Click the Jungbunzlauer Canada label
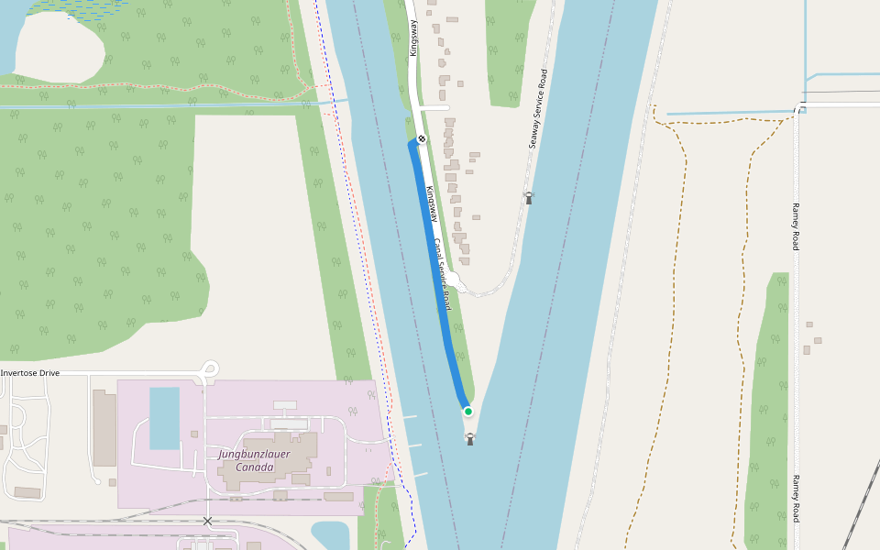(246, 460)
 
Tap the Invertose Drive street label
(30, 373)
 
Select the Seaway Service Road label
(537, 109)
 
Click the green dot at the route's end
(467, 412)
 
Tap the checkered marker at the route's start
(422, 139)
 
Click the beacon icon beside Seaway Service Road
(528, 196)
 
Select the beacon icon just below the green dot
(470, 439)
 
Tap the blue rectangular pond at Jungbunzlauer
(165, 418)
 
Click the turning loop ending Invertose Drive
(211, 369)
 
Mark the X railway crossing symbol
(207, 521)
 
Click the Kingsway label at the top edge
(413, 38)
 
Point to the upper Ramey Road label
(796, 225)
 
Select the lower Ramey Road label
(796, 499)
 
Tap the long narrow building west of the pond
(104, 427)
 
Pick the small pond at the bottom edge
(330, 534)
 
